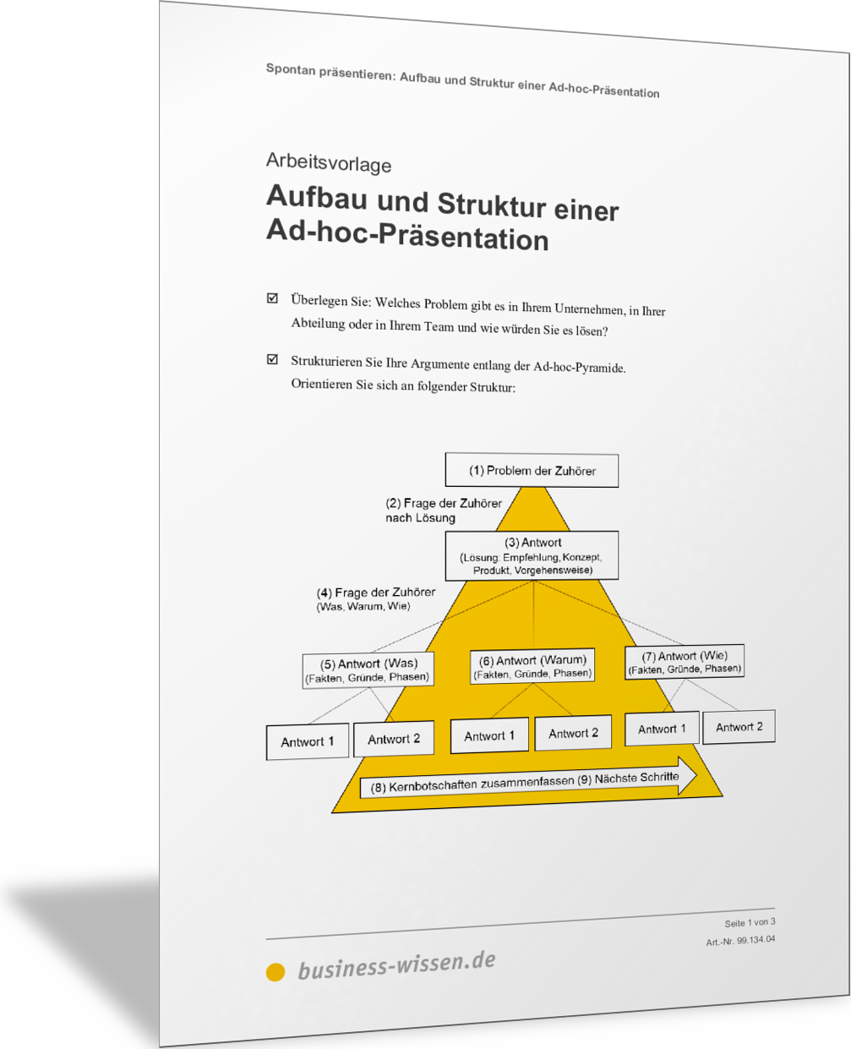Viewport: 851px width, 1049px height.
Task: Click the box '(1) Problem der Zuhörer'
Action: tap(532, 471)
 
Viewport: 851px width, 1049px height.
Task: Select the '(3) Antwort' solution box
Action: tap(532, 555)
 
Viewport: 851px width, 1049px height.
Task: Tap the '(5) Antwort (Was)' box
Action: tap(368, 669)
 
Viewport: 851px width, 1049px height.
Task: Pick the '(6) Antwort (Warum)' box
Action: tap(532, 666)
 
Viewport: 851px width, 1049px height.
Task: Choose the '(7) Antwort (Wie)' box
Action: tap(685, 662)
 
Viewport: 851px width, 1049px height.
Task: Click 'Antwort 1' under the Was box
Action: tap(307, 742)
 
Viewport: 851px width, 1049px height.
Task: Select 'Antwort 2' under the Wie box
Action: tap(739, 727)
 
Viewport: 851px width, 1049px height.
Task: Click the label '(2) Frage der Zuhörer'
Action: tap(443, 504)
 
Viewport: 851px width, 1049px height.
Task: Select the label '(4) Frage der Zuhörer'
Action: tap(376, 593)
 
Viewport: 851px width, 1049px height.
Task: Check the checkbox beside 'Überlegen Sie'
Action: tap(272, 298)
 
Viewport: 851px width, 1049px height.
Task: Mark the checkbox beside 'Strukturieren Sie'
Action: tap(272, 359)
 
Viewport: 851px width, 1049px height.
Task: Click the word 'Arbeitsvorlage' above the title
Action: tap(329, 162)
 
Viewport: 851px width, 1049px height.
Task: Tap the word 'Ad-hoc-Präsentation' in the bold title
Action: tap(407, 234)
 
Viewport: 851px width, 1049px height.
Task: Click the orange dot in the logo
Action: tap(275, 973)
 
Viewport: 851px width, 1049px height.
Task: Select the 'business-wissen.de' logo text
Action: tap(396, 965)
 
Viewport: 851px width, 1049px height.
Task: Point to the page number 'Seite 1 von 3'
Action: tap(749, 922)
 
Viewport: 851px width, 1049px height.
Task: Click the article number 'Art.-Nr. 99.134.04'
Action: tap(740, 940)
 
